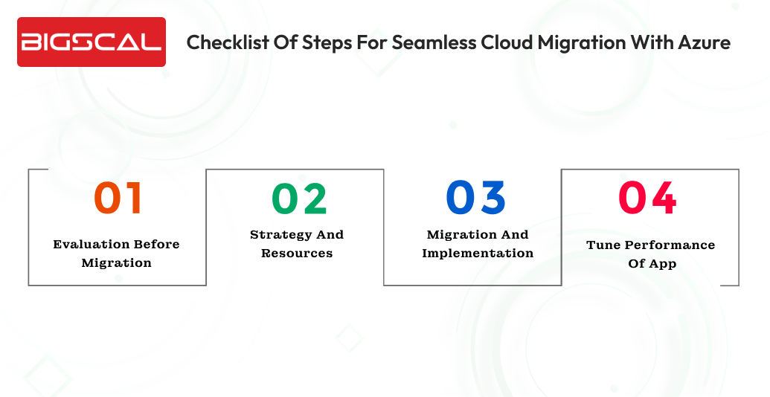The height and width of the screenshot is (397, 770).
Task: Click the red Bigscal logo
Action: pos(91,42)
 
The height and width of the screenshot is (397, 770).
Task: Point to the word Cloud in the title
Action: pos(496,42)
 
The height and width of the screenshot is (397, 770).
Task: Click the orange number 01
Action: pos(118,198)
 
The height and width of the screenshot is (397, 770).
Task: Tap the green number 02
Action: pos(299,198)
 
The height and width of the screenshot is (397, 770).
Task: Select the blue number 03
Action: pos(476,198)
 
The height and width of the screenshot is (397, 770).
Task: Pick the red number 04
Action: pos(648,198)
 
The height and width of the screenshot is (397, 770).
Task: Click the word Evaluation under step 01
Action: pos(84,244)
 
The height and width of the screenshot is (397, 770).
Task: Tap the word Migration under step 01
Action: pos(116,262)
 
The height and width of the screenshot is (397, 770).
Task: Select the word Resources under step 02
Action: pos(297,253)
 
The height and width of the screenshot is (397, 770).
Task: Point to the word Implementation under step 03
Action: pos(478,253)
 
